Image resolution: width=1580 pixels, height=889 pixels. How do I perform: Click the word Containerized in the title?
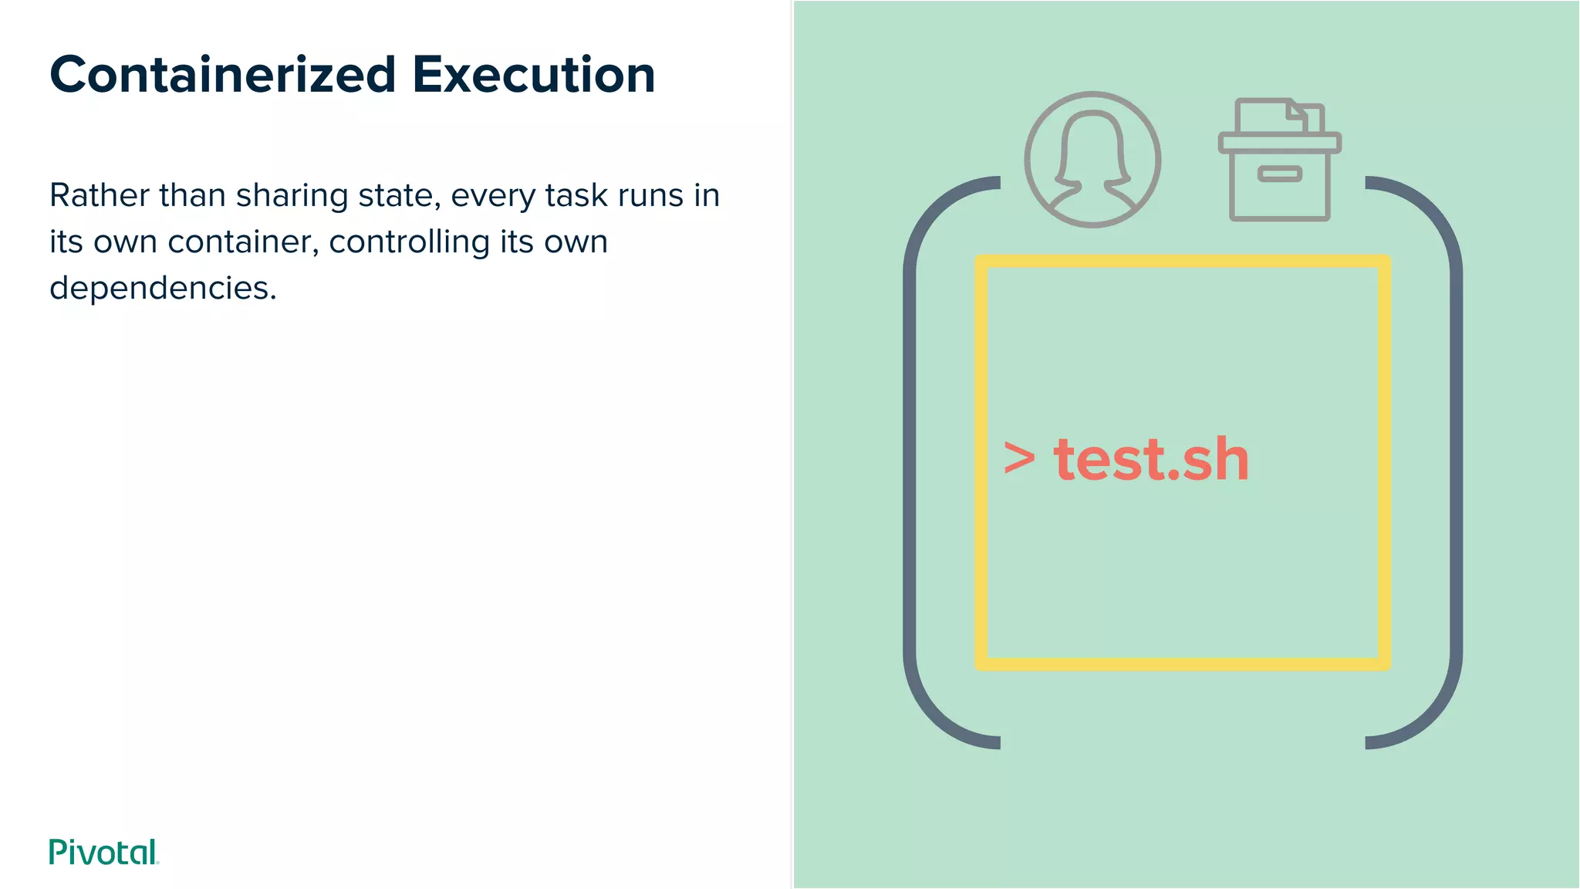222,75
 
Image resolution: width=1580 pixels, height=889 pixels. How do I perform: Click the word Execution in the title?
533,75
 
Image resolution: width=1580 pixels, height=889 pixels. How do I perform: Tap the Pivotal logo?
103,852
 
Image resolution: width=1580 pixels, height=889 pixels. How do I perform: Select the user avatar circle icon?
1092,160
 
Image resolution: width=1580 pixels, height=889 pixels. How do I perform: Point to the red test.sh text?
1151,459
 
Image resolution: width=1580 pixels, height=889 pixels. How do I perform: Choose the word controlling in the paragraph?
409,242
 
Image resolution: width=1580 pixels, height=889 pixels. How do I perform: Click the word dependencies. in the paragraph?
163,288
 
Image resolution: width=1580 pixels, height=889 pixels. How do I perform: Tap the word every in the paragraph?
492,197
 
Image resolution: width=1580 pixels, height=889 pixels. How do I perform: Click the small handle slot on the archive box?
1279,174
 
